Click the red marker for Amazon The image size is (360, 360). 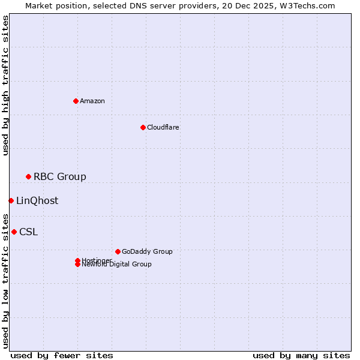click(x=76, y=101)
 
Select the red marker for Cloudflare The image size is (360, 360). click(x=143, y=127)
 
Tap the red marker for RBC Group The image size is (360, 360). click(x=28, y=176)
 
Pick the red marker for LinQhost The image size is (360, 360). click(x=11, y=200)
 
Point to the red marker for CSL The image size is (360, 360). click(x=14, y=232)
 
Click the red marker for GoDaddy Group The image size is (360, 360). click(x=118, y=251)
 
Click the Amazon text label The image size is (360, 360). click(x=92, y=101)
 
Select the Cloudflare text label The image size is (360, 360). click(x=163, y=127)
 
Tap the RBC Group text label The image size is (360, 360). click(x=60, y=176)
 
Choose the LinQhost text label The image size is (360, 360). click(x=37, y=200)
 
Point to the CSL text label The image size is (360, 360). click(x=28, y=232)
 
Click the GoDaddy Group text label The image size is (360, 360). click(x=147, y=251)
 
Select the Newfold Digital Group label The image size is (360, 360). click(x=116, y=265)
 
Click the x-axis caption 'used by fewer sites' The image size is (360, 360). click(x=62, y=355)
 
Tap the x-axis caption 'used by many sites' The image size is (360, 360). click(x=301, y=355)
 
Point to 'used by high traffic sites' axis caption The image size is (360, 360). click(x=6, y=85)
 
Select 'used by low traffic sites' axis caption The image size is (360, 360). click(x=6, y=280)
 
